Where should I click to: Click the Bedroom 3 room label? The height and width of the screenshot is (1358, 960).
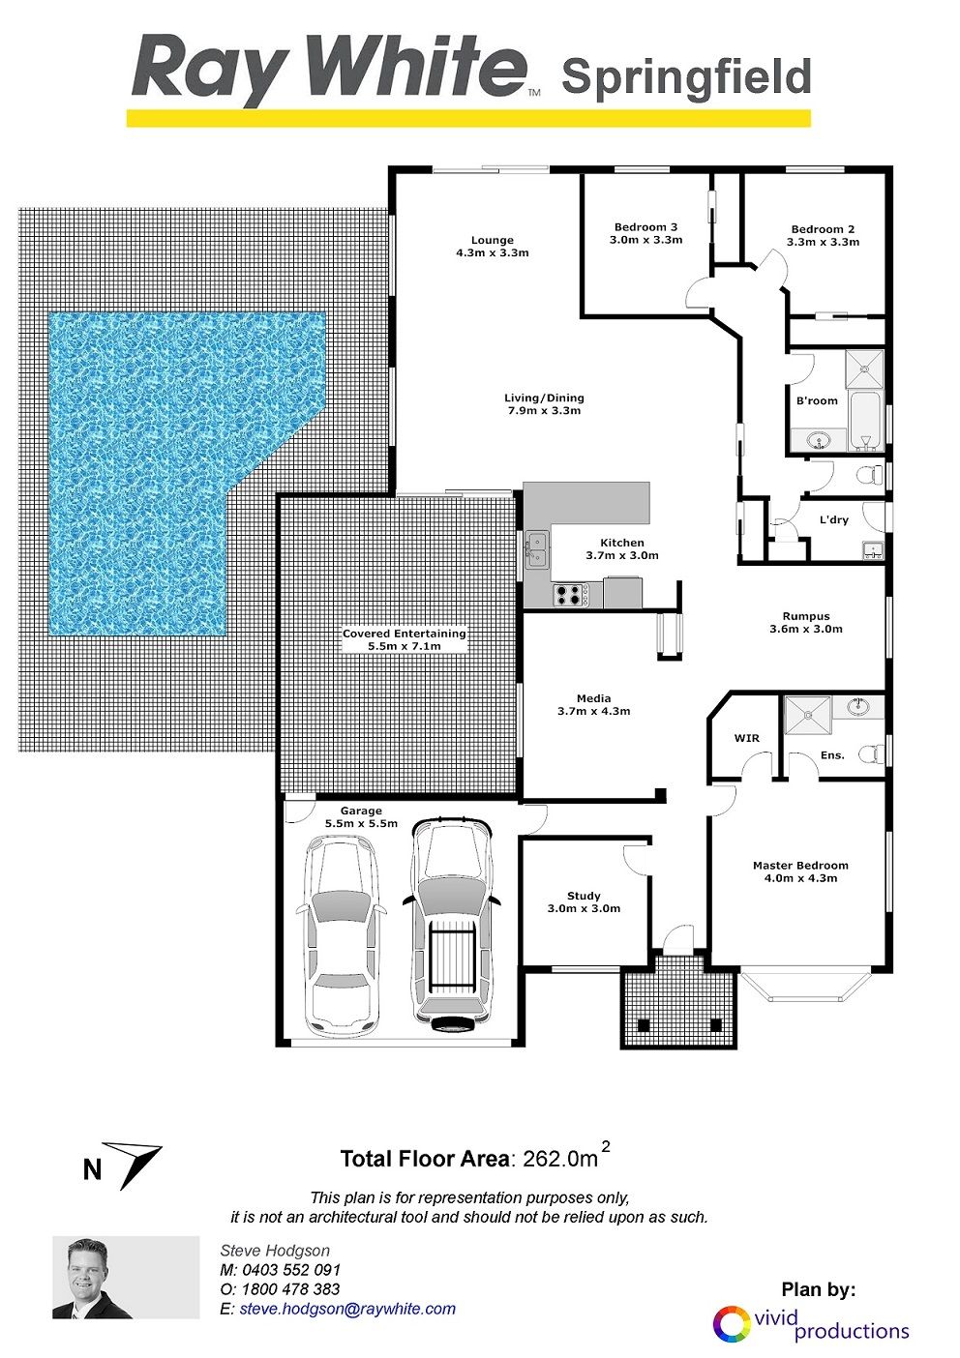pyautogui.click(x=645, y=233)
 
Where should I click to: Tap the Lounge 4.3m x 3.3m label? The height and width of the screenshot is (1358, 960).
pyautogui.click(x=492, y=247)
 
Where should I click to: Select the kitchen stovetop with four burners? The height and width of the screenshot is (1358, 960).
pyautogui.click(x=570, y=594)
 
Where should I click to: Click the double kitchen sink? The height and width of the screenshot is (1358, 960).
pyautogui.click(x=537, y=549)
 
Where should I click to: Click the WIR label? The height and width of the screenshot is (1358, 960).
pyautogui.click(x=746, y=738)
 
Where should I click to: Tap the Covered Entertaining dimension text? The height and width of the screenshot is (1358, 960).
pyautogui.click(x=405, y=646)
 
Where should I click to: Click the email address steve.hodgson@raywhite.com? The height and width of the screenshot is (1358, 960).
pyautogui.click(x=347, y=1309)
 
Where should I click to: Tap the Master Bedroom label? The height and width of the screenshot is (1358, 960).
pyautogui.click(x=800, y=871)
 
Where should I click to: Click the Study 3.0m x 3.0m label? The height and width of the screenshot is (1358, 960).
pyautogui.click(x=584, y=901)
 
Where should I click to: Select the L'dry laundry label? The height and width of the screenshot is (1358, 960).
pyautogui.click(x=834, y=519)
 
